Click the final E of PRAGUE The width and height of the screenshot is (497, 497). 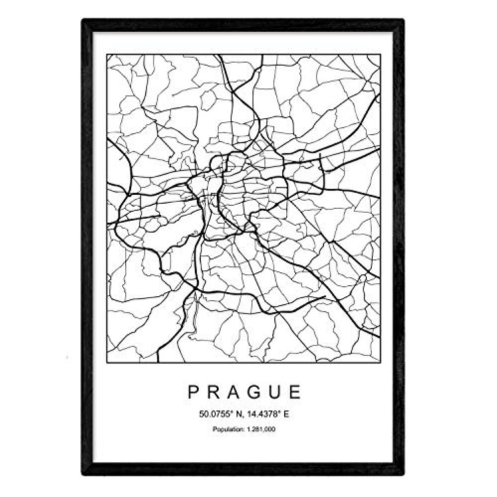[296, 392]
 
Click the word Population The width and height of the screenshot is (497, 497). [226, 428]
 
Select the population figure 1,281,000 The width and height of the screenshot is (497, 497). [260, 428]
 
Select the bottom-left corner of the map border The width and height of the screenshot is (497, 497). [107, 362]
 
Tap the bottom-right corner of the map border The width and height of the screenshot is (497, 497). [380, 362]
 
